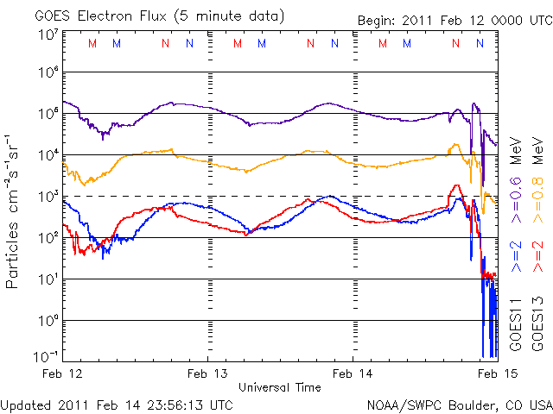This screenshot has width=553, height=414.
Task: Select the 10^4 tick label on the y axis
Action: click(47, 155)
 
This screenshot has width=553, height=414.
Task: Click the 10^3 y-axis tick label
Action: click(47, 197)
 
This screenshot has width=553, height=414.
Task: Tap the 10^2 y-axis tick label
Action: click(47, 238)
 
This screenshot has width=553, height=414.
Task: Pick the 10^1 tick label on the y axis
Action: click(47, 279)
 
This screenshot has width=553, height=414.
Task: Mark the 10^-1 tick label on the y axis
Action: click(47, 355)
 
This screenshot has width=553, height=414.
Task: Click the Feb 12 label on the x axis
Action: click(65, 374)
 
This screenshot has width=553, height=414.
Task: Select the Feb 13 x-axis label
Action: click(208, 374)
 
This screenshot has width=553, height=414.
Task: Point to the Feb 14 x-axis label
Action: click(353, 374)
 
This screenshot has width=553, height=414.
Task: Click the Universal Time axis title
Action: click(280, 387)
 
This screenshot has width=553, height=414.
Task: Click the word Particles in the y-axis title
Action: click(14, 258)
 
